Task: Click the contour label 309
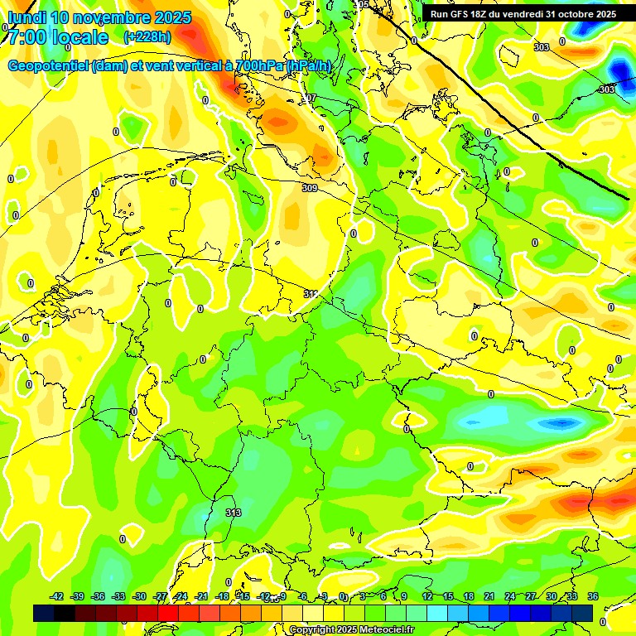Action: (x=310, y=189)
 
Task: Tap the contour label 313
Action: (x=234, y=513)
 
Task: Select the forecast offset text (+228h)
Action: (x=147, y=37)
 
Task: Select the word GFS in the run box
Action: (x=462, y=14)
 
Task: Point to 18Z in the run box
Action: (x=485, y=14)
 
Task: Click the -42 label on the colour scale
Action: (x=56, y=596)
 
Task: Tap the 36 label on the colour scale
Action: (x=593, y=596)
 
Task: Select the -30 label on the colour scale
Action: (x=139, y=596)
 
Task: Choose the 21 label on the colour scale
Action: (x=489, y=596)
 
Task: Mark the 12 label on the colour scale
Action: (x=427, y=596)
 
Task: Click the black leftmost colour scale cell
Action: (x=44, y=613)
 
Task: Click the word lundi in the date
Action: (x=25, y=18)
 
